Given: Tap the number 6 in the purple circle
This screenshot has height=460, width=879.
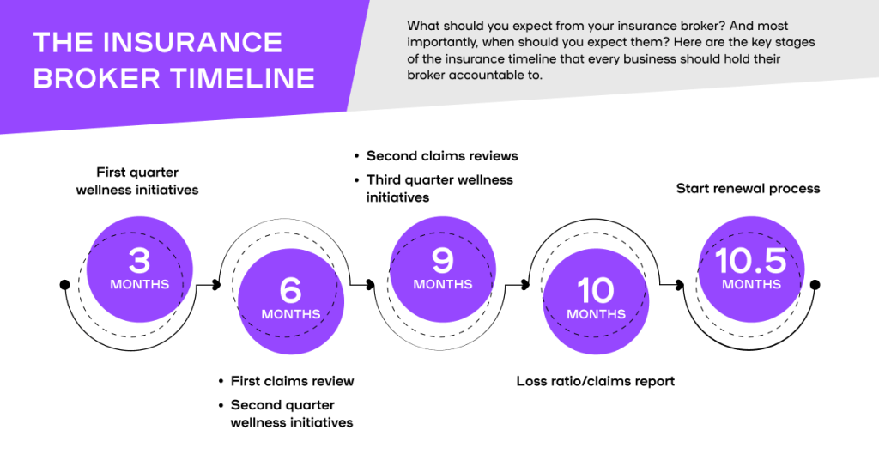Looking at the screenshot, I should pos(291,290).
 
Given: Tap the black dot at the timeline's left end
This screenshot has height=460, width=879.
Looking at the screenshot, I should pos(64,284).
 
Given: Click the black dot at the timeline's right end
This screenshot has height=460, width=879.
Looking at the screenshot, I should pos(815,284).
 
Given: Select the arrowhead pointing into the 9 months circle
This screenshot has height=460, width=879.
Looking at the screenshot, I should pos(371,284).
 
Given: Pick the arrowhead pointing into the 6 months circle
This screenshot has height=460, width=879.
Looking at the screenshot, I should pos(218,284).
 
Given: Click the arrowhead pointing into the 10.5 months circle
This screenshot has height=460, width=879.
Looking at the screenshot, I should pos(679,284).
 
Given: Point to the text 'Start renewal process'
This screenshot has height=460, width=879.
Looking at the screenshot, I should pos(748,189).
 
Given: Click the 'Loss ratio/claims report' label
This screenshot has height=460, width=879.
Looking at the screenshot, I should pos(596,381).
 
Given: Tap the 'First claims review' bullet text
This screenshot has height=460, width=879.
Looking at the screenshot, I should pos(292,381).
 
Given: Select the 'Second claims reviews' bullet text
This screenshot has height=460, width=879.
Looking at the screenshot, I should pos(442,156).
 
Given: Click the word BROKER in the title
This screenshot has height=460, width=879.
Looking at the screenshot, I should pos(88,78).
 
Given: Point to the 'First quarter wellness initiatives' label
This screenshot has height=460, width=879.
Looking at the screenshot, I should pos(136,181).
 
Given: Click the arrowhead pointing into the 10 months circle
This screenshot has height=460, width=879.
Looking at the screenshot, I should pos(524,284).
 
